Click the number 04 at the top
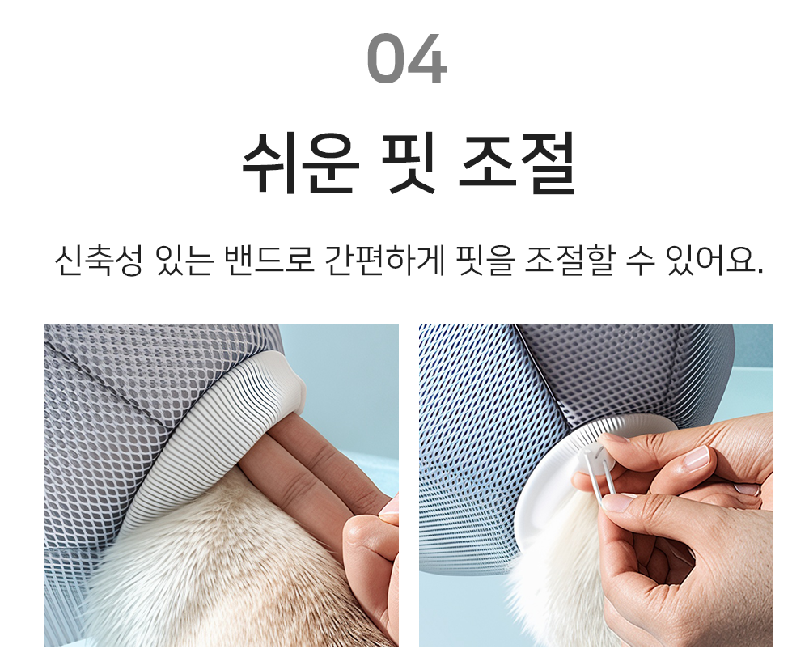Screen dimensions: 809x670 (407, 57)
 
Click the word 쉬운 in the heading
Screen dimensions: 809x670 (301, 162)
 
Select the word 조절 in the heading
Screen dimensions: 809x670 (516, 162)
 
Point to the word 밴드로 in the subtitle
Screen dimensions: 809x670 (269, 260)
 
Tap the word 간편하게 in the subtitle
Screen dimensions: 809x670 (385, 260)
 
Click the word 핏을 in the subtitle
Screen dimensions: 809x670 (485, 260)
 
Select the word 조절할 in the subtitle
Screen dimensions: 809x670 (570, 260)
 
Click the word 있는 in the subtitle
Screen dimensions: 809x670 (184, 260)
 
